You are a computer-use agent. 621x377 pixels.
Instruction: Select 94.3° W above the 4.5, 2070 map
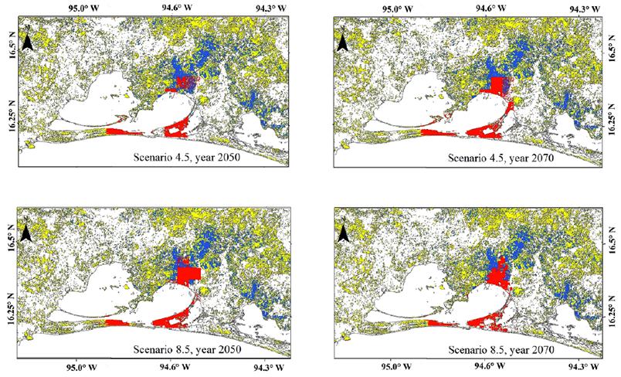pyautogui.click(x=580, y=9)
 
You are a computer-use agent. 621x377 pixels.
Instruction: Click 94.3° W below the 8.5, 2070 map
pyautogui.click(x=580, y=367)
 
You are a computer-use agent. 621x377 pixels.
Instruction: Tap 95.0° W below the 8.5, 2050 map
pyautogui.click(x=82, y=367)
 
